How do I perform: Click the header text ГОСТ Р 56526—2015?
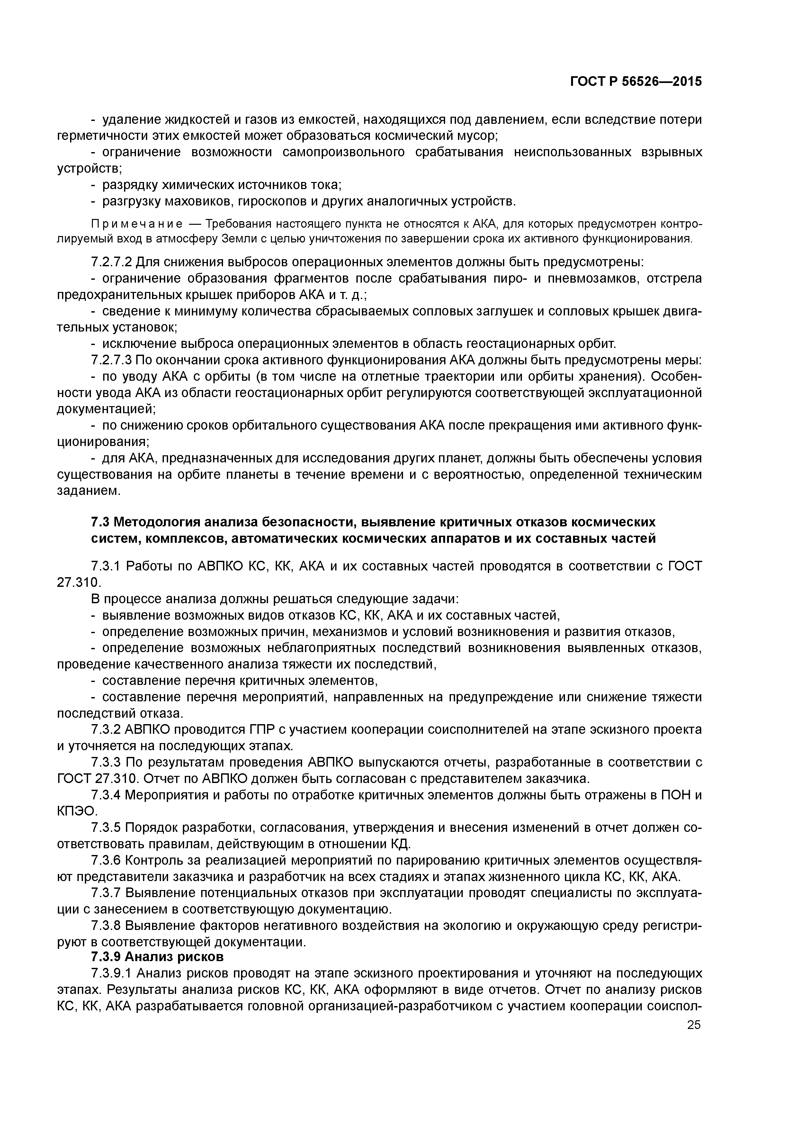[636, 82]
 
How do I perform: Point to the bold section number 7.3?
[102, 521]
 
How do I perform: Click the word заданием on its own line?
[88, 491]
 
